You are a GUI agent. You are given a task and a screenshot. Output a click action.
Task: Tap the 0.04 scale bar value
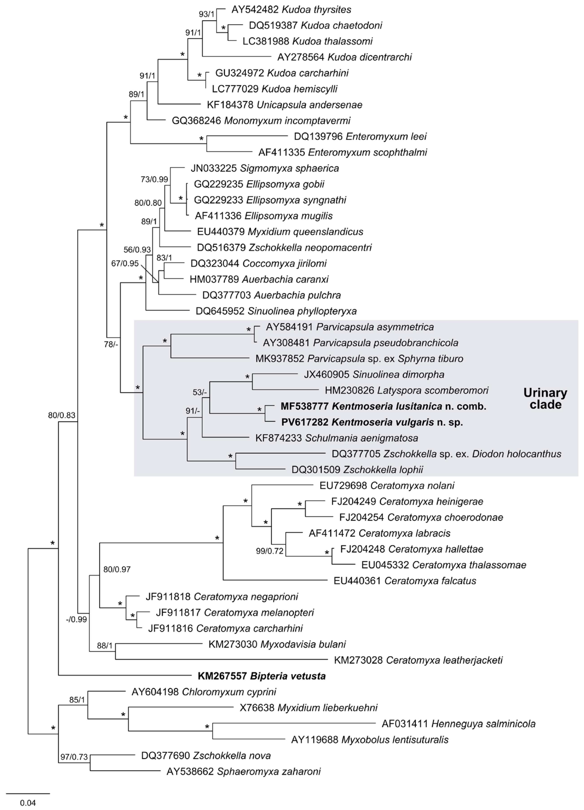(x=28, y=803)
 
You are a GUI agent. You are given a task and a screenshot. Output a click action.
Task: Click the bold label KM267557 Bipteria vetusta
(x=262, y=676)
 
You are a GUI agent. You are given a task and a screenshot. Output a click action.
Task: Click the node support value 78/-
(x=111, y=345)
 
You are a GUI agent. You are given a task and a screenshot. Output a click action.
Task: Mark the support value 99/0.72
(x=270, y=551)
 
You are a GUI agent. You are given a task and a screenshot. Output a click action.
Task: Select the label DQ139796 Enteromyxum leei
(x=360, y=136)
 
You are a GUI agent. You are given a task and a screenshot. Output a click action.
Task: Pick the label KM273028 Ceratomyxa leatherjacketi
(x=418, y=660)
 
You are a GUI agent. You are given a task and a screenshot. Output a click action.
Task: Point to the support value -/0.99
(x=76, y=620)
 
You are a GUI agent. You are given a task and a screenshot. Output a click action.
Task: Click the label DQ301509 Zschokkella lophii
(x=357, y=470)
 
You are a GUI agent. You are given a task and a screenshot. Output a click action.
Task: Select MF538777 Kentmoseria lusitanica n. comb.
(x=383, y=406)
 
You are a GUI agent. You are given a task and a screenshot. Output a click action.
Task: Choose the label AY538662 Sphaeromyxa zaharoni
(x=243, y=771)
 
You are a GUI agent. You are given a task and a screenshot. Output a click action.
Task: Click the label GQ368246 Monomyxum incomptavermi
(x=261, y=121)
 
